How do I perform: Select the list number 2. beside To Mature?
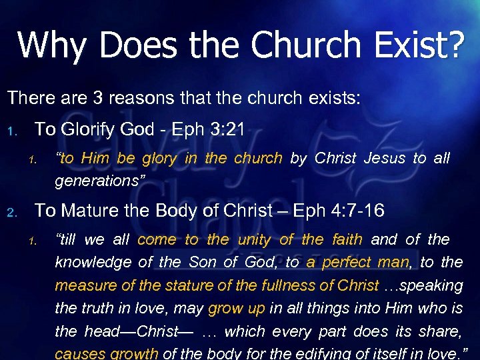11,212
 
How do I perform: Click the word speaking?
434,285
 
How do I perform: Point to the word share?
443,331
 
